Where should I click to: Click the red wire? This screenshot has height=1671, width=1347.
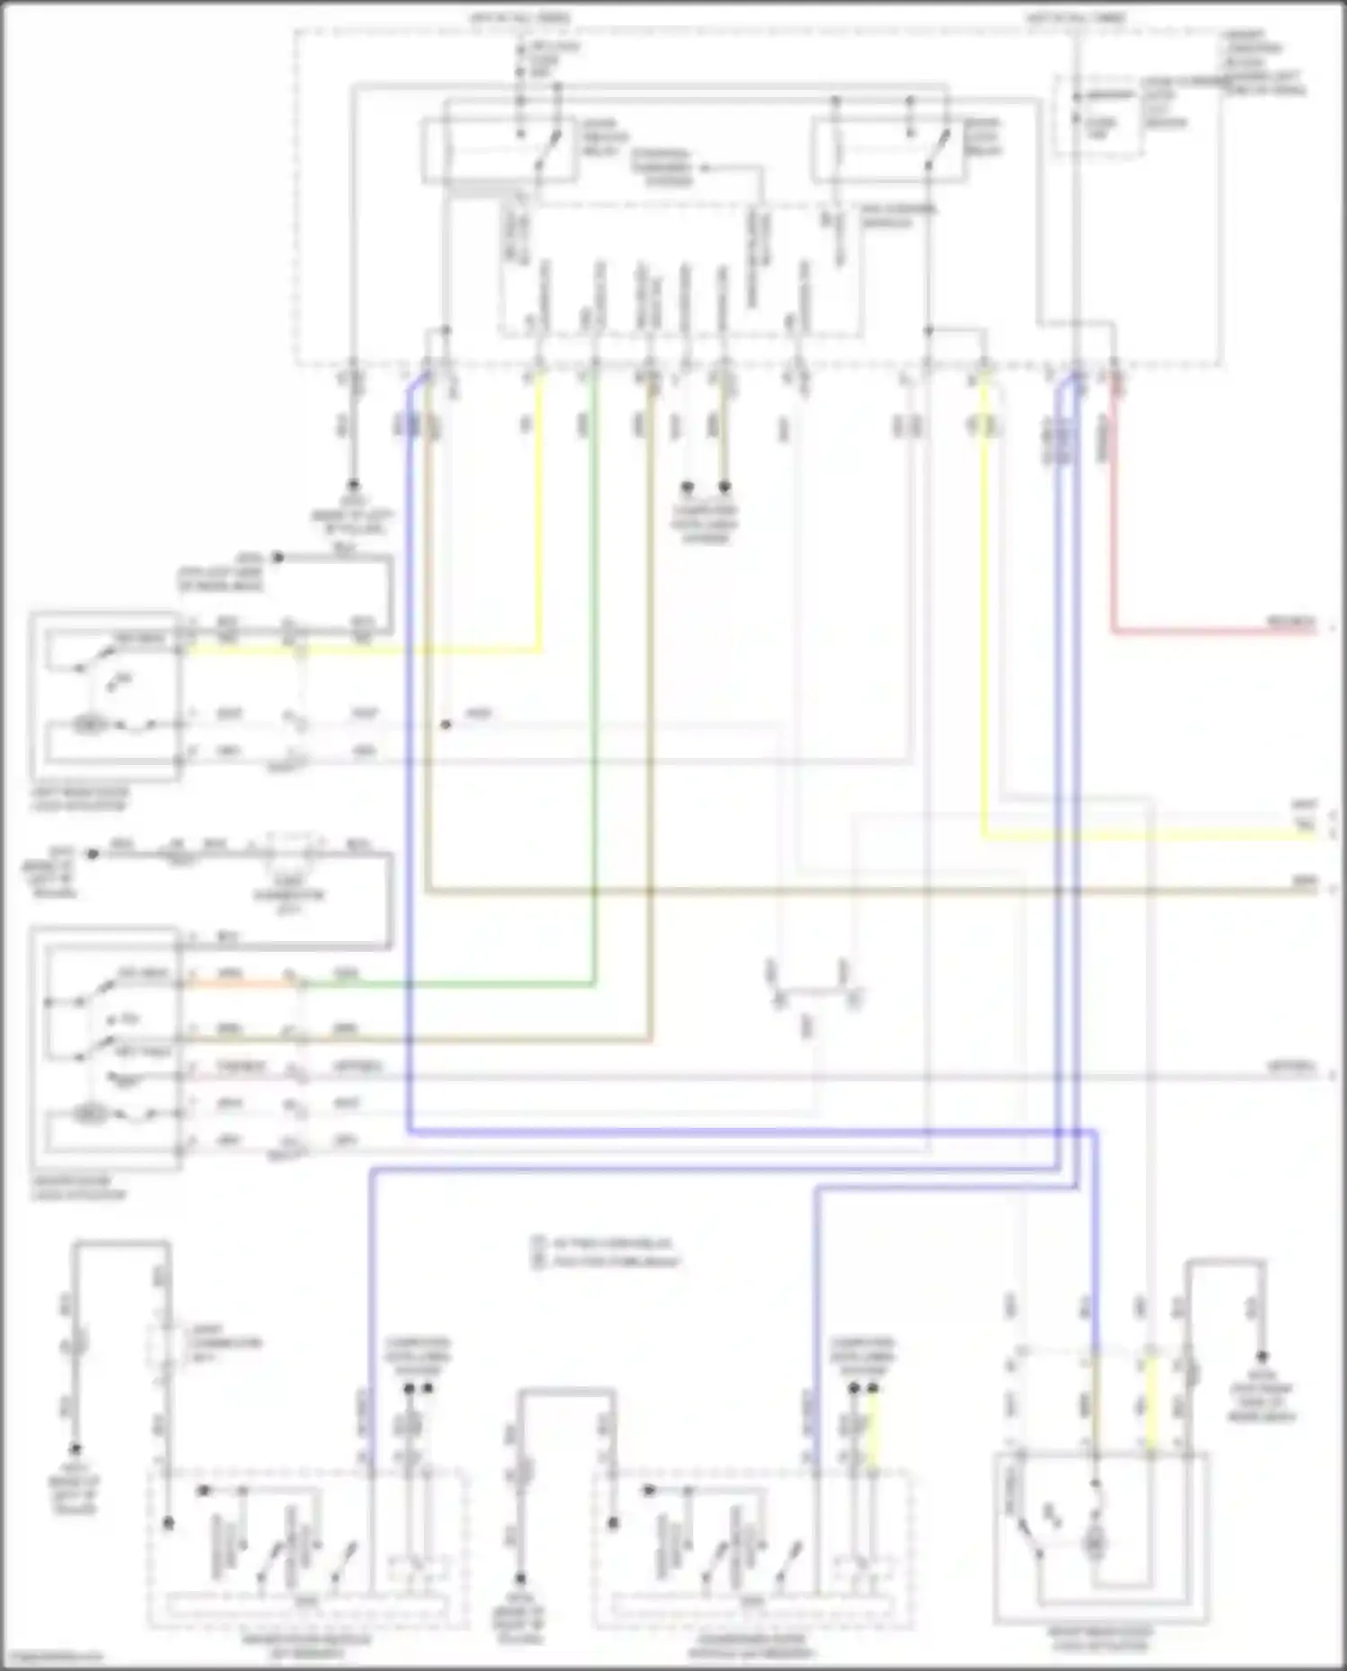click(1114, 539)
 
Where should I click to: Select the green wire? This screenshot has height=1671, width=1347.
click(594, 718)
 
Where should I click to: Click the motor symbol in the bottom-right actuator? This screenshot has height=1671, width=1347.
click(1096, 1545)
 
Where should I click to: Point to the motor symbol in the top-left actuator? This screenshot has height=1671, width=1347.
click(87, 724)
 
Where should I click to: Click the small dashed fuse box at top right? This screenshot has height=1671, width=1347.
click(1097, 117)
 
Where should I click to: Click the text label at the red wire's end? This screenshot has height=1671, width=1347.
click(1290, 622)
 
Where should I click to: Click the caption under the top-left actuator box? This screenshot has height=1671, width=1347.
click(80, 798)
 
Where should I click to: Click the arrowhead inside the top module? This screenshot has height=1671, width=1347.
click(705, 167)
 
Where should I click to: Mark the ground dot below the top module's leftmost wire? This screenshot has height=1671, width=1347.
click(353, 484)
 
